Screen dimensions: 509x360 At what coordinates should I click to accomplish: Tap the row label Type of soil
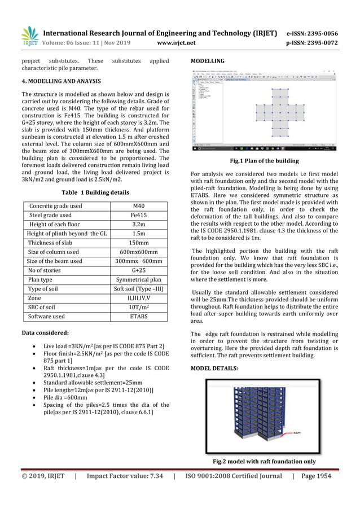(45, 289)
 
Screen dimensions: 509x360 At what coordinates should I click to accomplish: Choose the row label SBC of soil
(44, 308)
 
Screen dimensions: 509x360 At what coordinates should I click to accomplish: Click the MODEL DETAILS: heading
(214, 368)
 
